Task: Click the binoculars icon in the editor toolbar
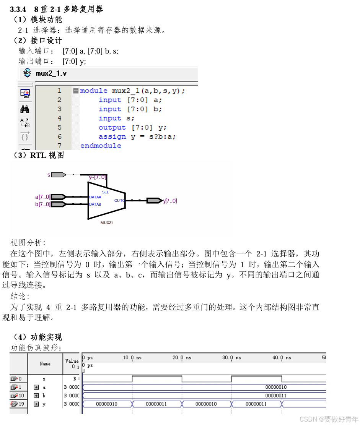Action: [25, 110]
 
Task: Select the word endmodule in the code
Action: [101, 146]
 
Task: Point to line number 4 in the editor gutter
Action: [59, 118]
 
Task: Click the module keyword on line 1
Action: [94, 91]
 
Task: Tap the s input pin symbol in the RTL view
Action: [59, 175]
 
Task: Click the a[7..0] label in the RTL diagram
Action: [42, 197]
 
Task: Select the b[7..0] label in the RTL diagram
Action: [42, 204]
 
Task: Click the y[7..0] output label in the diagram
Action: [170, 201]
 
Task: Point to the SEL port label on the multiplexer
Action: [105, 192]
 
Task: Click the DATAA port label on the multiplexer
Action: [95, 197]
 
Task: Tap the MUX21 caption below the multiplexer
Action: [106, 222]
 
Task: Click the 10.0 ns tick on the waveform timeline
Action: [132, 358]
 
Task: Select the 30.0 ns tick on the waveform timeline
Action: [231, 358]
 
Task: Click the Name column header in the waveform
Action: [45, 363]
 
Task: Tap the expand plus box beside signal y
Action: [36, 404]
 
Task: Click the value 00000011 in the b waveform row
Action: [276, 396]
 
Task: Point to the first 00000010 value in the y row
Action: [107, 404]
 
